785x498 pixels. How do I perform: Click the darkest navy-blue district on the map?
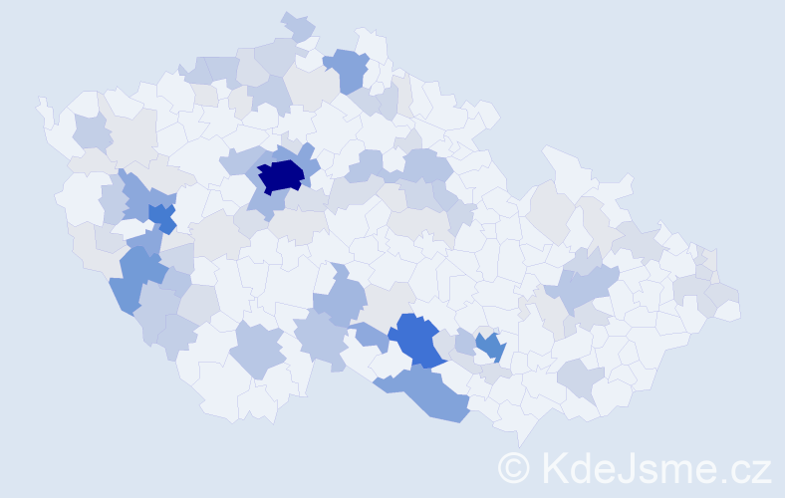[281, 175]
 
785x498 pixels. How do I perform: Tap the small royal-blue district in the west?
[162, 216]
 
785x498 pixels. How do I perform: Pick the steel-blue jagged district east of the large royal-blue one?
[489, 347]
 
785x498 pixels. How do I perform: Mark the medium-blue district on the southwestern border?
[134, 278]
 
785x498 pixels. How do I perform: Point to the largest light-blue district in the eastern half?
[583, 288]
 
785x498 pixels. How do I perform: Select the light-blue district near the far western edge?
[91, 132]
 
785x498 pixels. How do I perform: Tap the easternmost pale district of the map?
[728, 310]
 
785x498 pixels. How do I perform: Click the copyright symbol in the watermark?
[514, 467]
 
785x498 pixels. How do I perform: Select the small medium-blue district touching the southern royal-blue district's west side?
[371, 338]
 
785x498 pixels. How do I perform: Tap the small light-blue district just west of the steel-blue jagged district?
[464, 339]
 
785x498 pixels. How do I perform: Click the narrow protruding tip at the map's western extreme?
[42, 104]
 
